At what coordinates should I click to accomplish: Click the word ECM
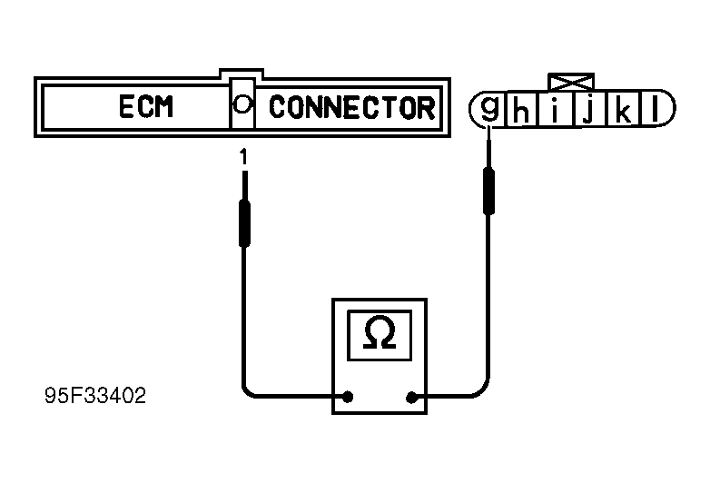coord(145,108)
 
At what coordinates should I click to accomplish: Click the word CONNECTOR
coord(352,108)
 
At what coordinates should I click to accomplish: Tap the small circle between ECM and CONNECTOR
coord(242,104)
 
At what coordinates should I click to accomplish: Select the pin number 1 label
coord(242,157)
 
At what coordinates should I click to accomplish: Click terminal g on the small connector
coord(489,109)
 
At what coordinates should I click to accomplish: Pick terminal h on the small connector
coord(520,112)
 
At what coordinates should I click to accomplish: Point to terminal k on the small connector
coord(623,112)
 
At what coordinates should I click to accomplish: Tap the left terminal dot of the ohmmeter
coord(347,397)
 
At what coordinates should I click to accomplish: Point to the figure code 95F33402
coord(95,397)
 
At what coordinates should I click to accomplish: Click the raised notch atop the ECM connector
coord(242,73)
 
